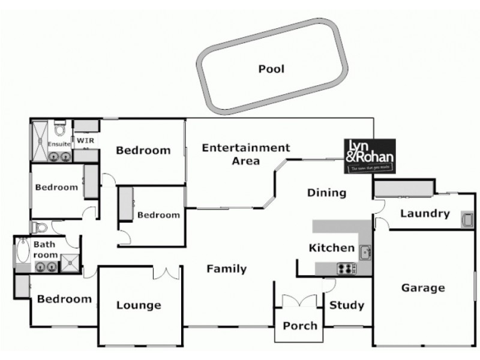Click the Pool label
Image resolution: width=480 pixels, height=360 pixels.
(271, 69)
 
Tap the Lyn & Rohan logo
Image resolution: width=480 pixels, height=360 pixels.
(369, 157)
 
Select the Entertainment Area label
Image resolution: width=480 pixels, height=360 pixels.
(245, 154)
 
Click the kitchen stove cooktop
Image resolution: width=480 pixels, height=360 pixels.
(346, 269)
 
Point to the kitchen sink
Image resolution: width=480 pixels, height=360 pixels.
(365, 253)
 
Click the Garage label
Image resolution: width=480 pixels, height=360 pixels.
(423, 288)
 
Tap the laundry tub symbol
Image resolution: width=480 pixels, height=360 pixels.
(467, 220)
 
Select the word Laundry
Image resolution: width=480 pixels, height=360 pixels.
(425, 214)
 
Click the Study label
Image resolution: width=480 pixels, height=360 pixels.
(347, 305)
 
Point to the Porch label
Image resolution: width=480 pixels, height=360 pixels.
(299, 326)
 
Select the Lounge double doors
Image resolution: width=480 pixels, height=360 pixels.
(166, 273)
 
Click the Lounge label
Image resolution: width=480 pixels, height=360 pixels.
(139, 305)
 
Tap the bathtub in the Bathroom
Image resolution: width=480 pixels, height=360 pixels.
(23, 251)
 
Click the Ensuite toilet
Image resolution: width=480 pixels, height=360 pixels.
(59, 130)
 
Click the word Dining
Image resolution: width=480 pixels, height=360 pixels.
(327, 193)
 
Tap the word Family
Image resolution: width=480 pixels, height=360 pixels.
(226, 269)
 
